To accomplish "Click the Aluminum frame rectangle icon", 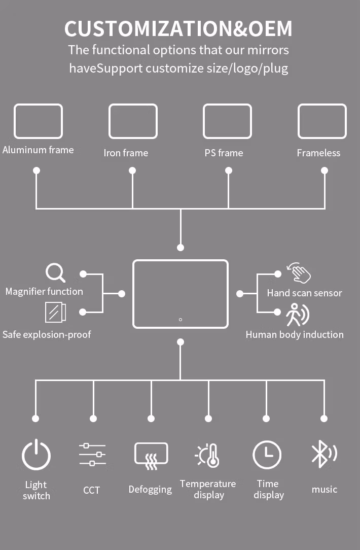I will click(x=38, y=121).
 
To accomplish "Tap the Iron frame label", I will click(x=126, y=153).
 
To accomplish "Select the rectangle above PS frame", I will click(x=227, y=121).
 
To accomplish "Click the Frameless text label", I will click(x=318, y=153).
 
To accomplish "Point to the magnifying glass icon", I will click(x=55, y=273).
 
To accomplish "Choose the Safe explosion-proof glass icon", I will click(x=55, y=312).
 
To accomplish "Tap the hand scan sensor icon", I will click(x=298, y=273).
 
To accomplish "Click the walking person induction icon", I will click(x=297, y=315).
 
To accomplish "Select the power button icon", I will click(x=36, y=455).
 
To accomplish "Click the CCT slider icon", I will click(x=92, y=455).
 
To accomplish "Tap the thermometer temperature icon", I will click(x=208, y=455).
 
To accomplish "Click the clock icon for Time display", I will click(x=267, y=455).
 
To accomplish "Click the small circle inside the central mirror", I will click(x=181, y=320).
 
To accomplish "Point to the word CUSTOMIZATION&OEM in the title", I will click(x=178, y=29).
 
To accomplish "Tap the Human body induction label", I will click(x=295, y=334).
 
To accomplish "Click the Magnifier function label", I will click(x=44, y=291).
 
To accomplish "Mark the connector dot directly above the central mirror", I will click(x=181, y=248).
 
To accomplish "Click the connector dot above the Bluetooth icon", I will click(x=325, y=419).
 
